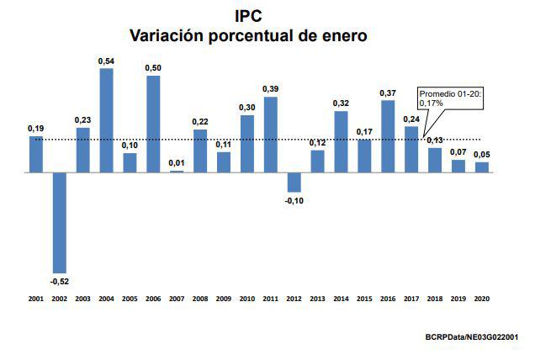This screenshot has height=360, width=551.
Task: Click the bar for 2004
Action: click(x=107, y=120)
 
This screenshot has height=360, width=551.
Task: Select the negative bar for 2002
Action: click(x=60, y=222)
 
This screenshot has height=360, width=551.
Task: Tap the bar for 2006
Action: click(x=154, y=124)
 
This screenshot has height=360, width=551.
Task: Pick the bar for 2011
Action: click(x=271, y=135)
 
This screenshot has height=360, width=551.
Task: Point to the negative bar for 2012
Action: click(x=294, y=182)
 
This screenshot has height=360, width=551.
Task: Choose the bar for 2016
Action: click(x=388, y=136)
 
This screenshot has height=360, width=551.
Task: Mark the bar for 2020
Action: click(x=482, y=167)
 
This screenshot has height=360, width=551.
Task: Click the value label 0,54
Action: click(x=107, y=61)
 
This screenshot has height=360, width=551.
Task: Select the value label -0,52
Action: click(x=60, y=279)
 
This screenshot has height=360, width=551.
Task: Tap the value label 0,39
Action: click(x=271, y=89)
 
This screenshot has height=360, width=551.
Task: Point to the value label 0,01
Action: click(x=177, y=163)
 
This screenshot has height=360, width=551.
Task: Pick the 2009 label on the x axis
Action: click(x=224, y=299)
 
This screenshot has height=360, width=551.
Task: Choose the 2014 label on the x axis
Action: click(x=341, y=299)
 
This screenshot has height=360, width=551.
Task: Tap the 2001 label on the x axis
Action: click(x=36, y=299)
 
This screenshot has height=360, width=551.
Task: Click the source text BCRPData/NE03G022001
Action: click(x=471, y=336)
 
